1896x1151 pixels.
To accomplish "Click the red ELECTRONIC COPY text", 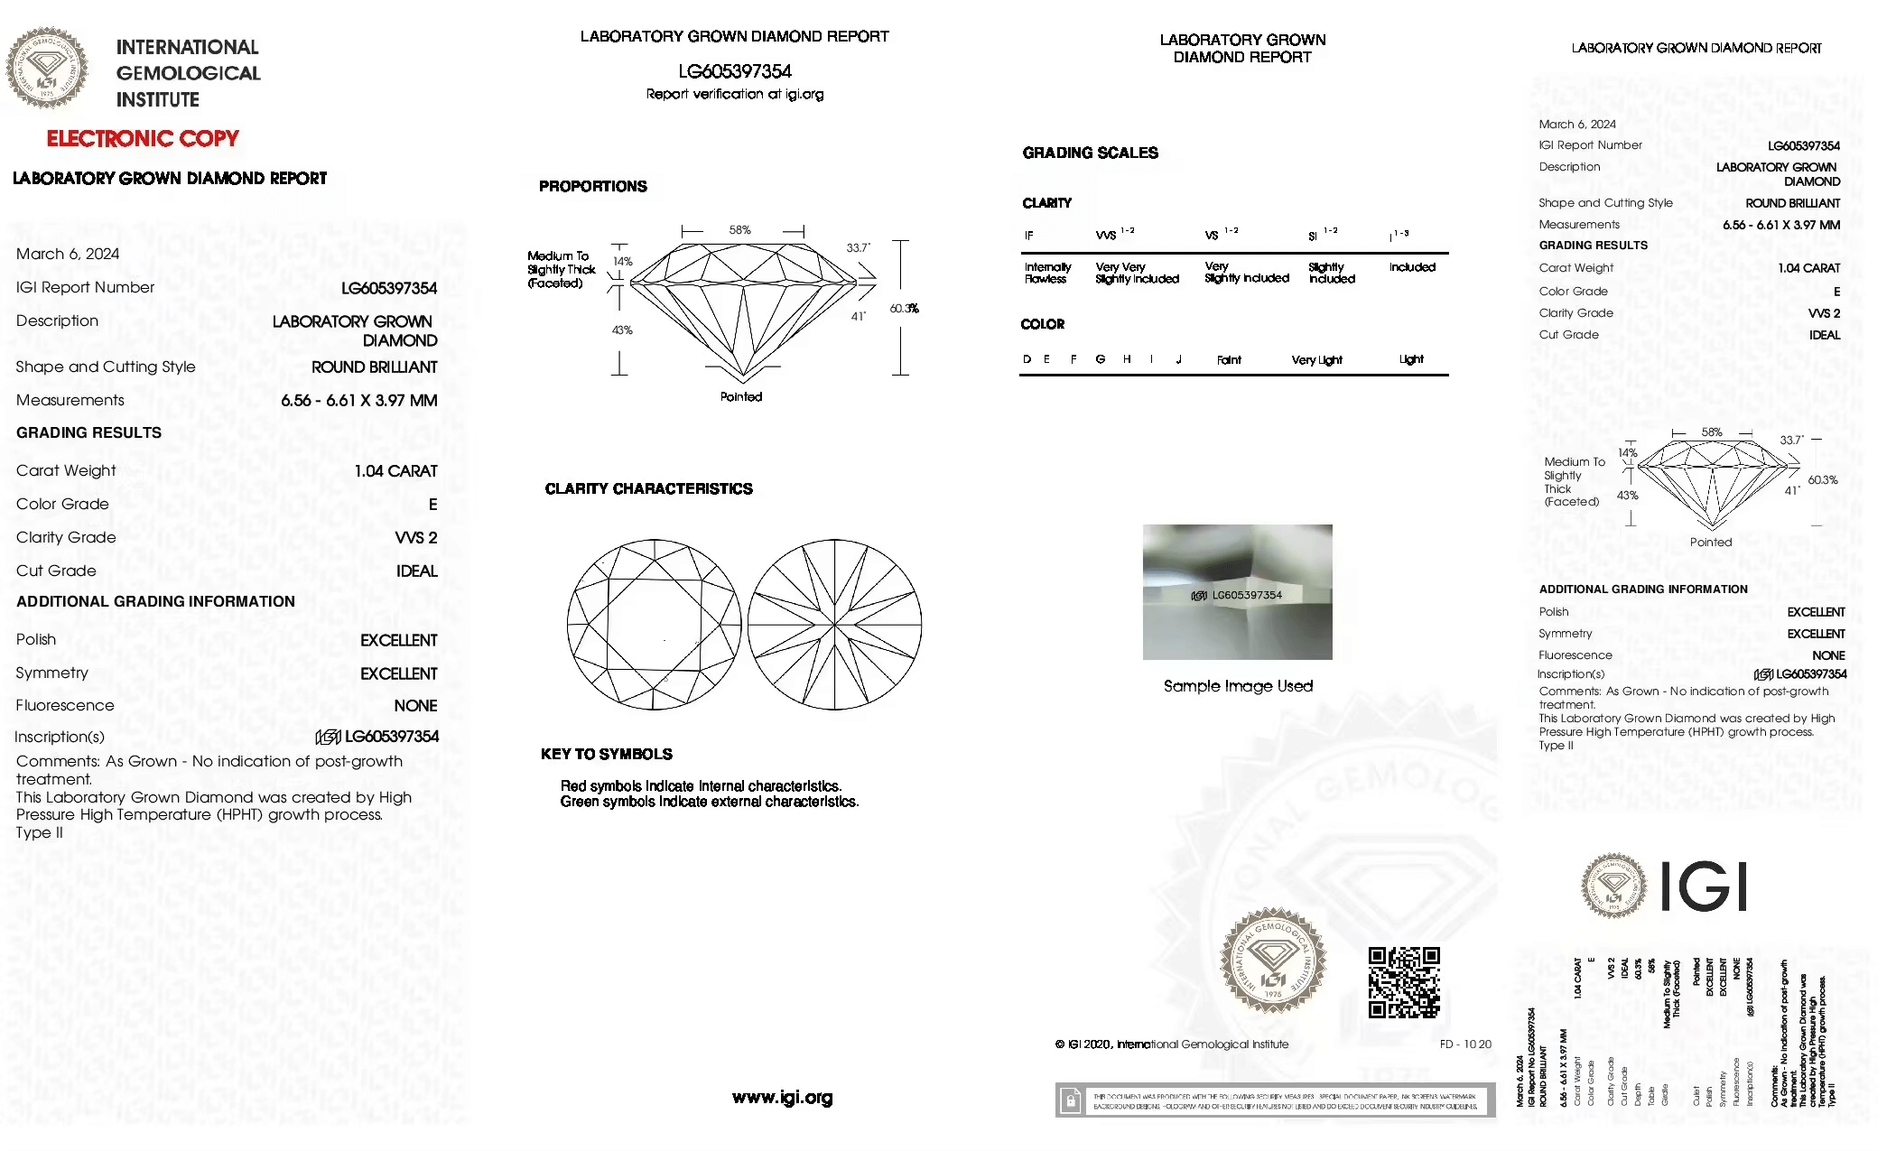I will [143, 139].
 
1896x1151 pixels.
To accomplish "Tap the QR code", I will [1404, 982].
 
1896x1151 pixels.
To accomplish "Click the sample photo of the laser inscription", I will [1237, 592].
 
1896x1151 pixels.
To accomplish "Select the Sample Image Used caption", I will [1238, 686].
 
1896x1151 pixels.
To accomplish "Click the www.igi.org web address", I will [782, 1098].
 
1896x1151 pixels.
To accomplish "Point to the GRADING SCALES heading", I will [1090, 153].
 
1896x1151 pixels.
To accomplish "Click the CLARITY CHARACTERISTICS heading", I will [648, 489].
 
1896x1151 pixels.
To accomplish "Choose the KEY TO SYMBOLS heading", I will [606, 755].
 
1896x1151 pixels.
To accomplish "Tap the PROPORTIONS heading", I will [592, 187].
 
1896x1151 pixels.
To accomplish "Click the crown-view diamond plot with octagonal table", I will [654, 625].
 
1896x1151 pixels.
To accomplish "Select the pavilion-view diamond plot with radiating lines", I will [834, 625].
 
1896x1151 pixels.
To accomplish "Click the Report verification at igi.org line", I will [735, 94].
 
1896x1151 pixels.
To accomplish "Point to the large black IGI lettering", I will [1704, 886].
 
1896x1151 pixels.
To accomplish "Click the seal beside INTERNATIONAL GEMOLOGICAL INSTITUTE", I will [47, 68].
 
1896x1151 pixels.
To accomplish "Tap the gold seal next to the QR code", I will [1273, 961].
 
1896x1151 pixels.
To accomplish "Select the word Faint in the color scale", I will [1229, 360].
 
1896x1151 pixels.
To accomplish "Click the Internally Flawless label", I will [1047, 273].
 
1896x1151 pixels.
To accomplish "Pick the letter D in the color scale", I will [1027, 359].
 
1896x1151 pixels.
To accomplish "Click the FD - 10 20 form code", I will [1465, 1044].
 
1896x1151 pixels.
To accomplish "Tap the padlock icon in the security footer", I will [1071, 1100].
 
